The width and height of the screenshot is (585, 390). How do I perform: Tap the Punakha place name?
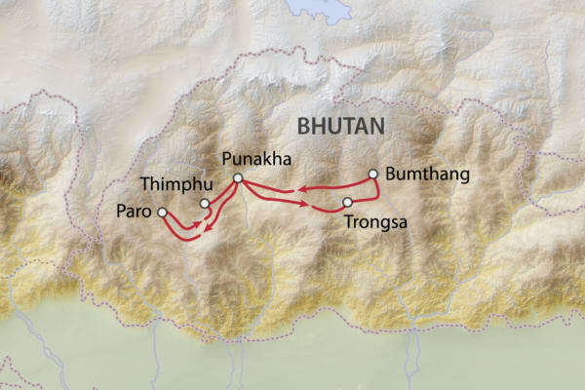pos(256,159)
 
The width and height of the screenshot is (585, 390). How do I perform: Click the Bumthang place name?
pos(428,175)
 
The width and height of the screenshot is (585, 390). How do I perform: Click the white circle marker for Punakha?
pos(237,177)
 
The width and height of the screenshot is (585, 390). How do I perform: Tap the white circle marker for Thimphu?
pos(205,204)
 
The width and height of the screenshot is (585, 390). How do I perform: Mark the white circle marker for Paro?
pos(162,212)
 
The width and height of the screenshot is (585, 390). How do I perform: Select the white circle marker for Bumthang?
pos(372,175)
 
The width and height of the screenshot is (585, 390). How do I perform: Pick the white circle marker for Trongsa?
pos(347,203)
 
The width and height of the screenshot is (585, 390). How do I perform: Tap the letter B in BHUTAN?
pos(303,126)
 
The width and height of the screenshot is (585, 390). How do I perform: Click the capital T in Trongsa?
pos(349,221)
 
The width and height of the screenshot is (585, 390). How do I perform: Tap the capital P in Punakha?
pos(227,159)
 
